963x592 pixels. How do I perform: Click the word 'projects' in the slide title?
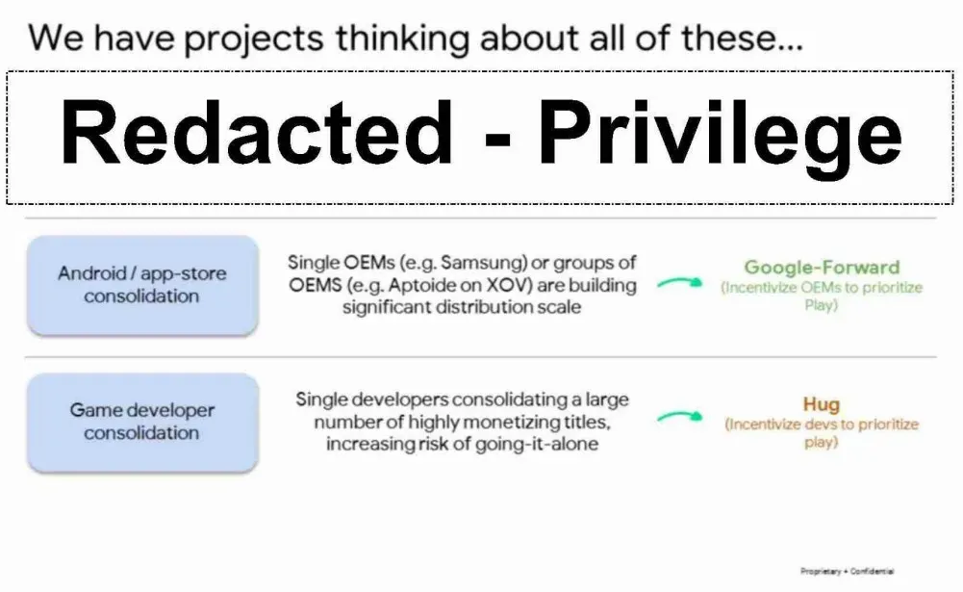click(x=254, y=39)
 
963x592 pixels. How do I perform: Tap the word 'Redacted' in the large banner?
click(x=257, y=132)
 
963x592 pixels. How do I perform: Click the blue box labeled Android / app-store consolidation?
click(x=142, y=285)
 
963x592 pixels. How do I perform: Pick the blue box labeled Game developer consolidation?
click(x=142, y=423)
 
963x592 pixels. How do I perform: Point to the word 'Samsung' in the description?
click(x=483, y=263)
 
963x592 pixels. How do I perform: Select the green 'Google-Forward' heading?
click(x=822, y=268)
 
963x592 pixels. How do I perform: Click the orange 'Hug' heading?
click(x=822, y=404)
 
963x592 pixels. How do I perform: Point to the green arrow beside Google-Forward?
click(x=679, y=283)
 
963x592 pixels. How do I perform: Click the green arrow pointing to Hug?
click(x=679, y=417)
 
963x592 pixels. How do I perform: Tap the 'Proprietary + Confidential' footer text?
click(x=847, y=571)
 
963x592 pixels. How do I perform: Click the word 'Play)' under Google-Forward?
click(x=822, y=305)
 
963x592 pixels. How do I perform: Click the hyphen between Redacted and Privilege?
click(x=496, y=137)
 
